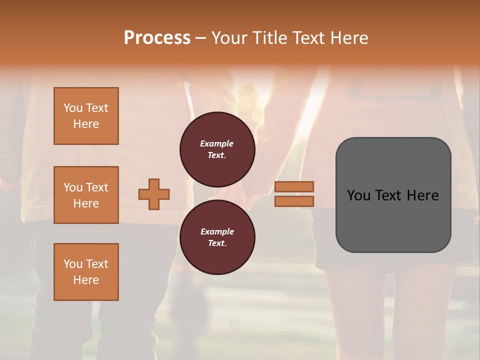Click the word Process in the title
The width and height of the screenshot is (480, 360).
pos(157,38)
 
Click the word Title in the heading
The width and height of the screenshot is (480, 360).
pos(268,38)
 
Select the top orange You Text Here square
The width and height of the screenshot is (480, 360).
pos(86,116)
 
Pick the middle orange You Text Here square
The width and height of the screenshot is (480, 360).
pos(86,195)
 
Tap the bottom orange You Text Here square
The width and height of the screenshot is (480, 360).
pos(86,272)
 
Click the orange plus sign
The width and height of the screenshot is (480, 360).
pos(154,194)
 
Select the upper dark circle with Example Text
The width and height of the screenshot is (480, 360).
pos(217,149)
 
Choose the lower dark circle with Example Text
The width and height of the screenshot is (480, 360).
pos(217,237)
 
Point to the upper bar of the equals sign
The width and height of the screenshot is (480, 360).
pos(294,186)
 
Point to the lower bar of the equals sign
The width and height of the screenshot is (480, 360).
pos(294,201)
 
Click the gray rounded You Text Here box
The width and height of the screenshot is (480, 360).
pos(393,195)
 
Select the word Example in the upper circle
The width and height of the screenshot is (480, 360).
pos(217,143)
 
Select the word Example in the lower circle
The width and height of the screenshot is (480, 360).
pos(217,231)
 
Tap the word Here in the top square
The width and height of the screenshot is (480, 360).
pos(86,124)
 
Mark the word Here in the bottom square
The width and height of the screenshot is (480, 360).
pos(86,280)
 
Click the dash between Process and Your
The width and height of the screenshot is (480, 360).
pos(200,38)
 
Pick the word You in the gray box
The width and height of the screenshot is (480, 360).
pos(359,195)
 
